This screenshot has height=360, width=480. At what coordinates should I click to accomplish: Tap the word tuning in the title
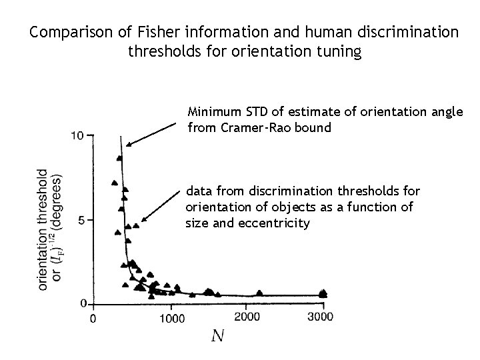pyautogui.click(x=335, y=51)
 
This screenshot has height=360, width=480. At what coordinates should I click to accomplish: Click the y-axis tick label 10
pyautogui.click(x=77, y=135)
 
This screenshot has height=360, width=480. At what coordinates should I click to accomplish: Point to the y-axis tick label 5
pyautogui.click(x=81, y=219)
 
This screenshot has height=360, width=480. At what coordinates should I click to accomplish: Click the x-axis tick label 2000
pyautogui.click(x=248, y=317)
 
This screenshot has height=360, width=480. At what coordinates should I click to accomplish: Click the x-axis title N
pyautogui.click(x=217, y=336)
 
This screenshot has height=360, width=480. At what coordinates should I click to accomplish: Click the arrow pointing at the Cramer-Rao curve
pyautogui.click(x=153, y=133)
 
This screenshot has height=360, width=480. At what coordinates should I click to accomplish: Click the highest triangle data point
pyautogui.click(x=119, y=158)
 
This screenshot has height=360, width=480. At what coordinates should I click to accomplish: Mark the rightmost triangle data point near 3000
pyautogui.click(x=324, y=292)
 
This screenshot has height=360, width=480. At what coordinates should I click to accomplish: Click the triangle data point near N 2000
pyautogui.click(x=259, y=291)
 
